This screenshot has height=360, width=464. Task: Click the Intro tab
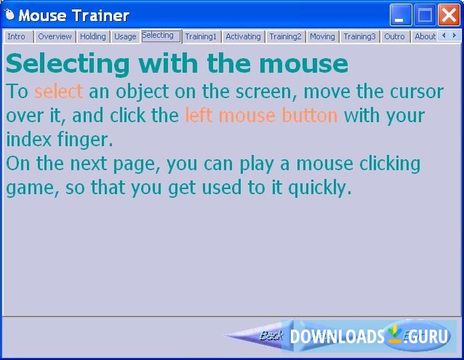point(16,36)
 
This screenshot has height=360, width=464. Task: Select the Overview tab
point(55,36)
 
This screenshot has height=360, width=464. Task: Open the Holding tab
point(92,36)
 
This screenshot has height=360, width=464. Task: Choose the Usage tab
point(125,36)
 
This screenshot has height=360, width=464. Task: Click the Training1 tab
point(201,36)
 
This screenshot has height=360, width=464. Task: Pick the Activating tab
point(243,36)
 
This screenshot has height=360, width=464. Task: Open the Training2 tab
point(285,36)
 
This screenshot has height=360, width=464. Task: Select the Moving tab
point(322,36)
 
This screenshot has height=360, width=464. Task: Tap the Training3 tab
point(359,36)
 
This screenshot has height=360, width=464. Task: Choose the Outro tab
point(394,36)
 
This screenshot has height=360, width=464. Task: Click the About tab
point(425,36)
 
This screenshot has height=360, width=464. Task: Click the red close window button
point(449,15)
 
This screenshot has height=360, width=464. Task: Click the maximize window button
point(425,15)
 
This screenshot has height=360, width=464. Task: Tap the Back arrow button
point(262,336)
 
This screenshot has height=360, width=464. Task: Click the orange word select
point(59,92)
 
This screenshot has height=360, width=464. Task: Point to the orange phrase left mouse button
point(261,116)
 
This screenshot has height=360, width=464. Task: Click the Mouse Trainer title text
point(73,15)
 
